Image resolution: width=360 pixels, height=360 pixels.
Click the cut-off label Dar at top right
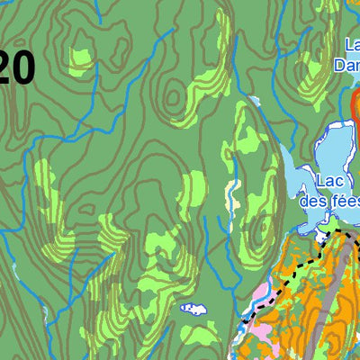(x=346, y=65)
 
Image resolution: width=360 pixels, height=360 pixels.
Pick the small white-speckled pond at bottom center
(x=193, y=309)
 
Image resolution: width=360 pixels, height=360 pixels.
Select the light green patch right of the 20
(x=81, y=58)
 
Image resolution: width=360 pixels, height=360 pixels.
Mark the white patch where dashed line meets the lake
(x=323, y=237)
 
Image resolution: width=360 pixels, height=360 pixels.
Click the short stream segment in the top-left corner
(x=9, y=13)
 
